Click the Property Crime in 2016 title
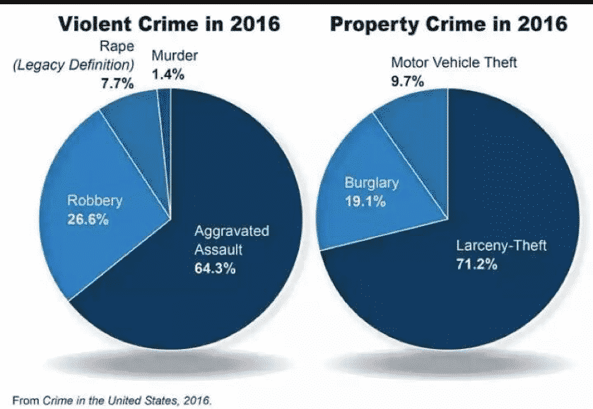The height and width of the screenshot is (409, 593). click(x=449, y=24)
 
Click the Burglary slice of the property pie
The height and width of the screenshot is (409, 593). click(x=368, y=212)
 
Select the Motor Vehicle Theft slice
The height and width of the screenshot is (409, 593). click(x=417, y=120)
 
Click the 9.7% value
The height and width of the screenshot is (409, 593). click(x=407, y=81)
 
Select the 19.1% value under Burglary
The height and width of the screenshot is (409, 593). click(x=365, y=201)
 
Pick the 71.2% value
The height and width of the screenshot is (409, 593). click(x=477, y=265)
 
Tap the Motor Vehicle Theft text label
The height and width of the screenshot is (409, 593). click(x=454, y=63)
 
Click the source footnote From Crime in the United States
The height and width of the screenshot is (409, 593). click(x=112, y=400)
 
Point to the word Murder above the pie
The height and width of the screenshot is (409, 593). click(x=175, y=55)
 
